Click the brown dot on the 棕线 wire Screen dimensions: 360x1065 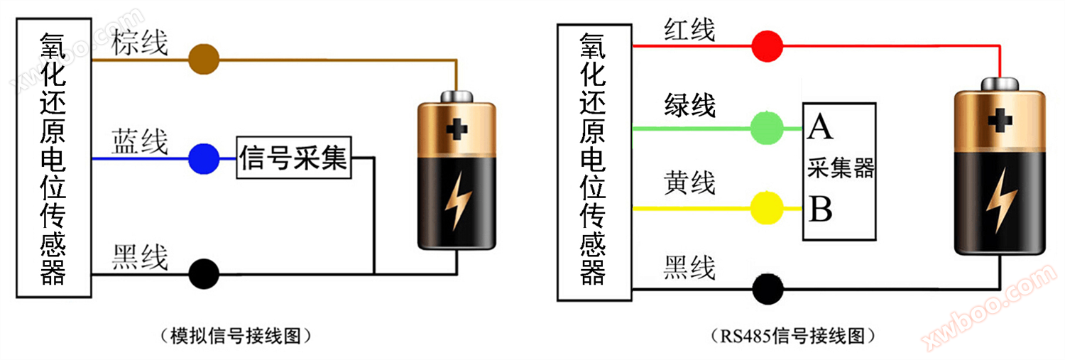(203, 60)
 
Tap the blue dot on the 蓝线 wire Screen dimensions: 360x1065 (203, 158)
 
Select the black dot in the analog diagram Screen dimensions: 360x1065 (203, 273)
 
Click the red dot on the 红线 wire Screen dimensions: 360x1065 (767, 46)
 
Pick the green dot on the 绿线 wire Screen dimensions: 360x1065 (767, 129)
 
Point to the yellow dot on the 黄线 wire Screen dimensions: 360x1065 (767, 208)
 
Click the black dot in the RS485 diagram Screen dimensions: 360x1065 (767, 289)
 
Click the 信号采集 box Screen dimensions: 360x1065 (294, 158)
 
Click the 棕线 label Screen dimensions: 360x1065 (139, 43)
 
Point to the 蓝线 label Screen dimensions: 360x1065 (139, 142)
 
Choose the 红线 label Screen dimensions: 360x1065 (689, 30)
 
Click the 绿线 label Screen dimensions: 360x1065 (689, 106)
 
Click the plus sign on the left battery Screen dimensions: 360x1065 (457, 129)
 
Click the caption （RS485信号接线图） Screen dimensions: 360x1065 (792, 334)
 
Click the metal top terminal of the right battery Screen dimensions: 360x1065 (1000, 84)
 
